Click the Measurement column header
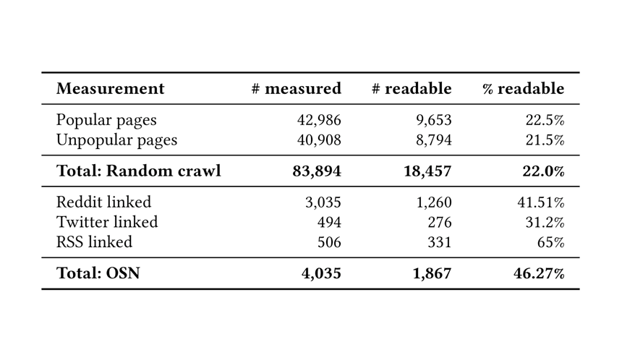[110, 89]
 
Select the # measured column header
[296, 89]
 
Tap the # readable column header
[412, 89]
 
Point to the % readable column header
[524, 89]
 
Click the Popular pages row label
[106, 120]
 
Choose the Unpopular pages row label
[116, 140]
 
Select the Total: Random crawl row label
[138, 171]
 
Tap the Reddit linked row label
[103, 202]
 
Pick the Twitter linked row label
[106, 222]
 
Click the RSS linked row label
[94, 241]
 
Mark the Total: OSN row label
[98, 274]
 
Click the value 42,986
[319, 120]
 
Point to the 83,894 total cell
[317, 171]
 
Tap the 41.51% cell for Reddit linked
[541, 202]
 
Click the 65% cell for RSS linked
[550, 241]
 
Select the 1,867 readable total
[433, 274]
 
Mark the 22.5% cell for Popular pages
[545, 120]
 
